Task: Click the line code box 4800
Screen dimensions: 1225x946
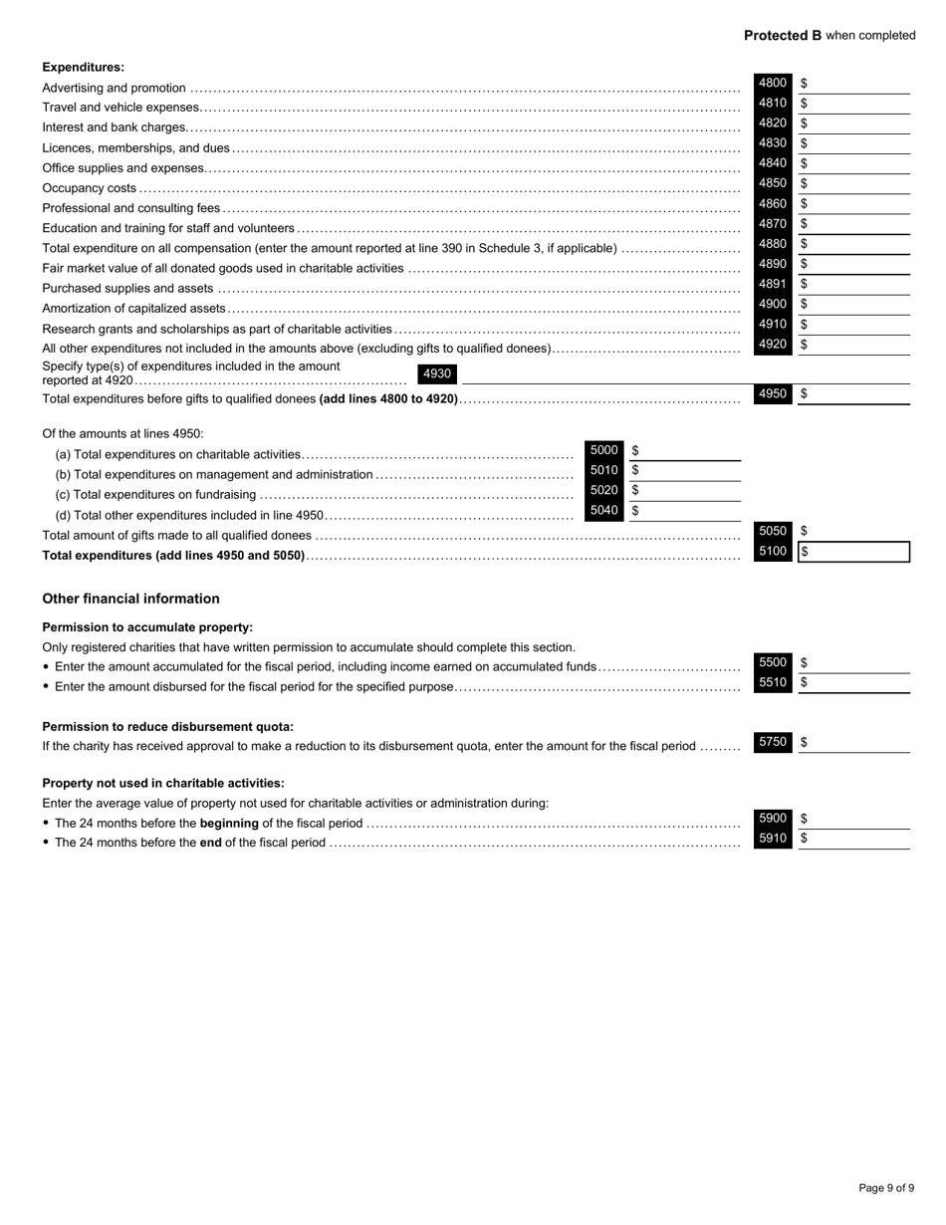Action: click(773, 84)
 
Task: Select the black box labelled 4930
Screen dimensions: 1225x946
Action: click(437, 374)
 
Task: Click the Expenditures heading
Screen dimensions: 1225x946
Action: click(84, 68)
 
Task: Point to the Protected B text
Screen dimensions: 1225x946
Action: click(783, 36)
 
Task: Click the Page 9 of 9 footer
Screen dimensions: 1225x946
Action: click(886, 1188)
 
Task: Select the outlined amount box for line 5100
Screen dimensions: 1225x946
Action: click(854, 552)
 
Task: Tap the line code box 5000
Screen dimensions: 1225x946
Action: click(604, 450)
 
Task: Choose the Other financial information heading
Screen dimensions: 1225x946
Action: click(130, 599)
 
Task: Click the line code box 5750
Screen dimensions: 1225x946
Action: click(773, 742)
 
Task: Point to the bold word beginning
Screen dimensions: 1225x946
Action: click(230, 824)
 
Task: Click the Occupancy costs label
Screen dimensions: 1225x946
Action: click(90, 188)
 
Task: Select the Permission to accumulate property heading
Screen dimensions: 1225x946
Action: click(147, 627)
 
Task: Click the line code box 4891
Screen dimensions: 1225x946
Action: click(773, 285)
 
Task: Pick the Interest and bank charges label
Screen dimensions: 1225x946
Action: click(115, 127)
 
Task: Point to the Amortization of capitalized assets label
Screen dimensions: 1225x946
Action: click(134, 309)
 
